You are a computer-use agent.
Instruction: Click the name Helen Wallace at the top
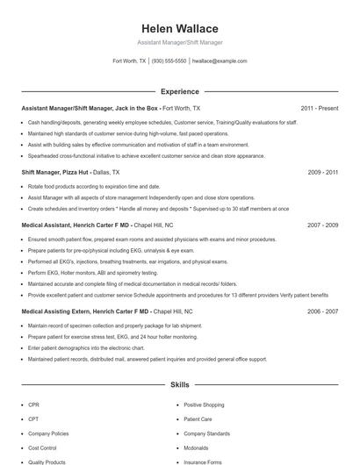(180, 28)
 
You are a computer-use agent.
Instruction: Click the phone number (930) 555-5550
(169, 61)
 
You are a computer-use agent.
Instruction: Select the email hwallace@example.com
(219, 61)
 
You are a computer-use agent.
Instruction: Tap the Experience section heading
(180, 91)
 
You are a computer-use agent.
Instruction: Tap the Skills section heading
(180, 384)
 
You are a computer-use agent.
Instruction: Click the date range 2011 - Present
(320, 108)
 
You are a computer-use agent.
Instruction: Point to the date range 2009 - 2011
(323, 173)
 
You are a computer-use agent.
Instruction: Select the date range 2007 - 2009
(323, 225)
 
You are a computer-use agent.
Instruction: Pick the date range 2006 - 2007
(323, 311)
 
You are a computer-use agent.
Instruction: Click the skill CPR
(33, 404)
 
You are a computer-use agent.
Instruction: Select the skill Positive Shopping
(204, 404)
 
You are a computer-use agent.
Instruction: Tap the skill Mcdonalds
(197, 447)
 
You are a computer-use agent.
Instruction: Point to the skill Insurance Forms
(202, 461)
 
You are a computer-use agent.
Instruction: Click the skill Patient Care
(198, 418)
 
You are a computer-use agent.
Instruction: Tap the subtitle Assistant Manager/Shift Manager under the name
(180, 42)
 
